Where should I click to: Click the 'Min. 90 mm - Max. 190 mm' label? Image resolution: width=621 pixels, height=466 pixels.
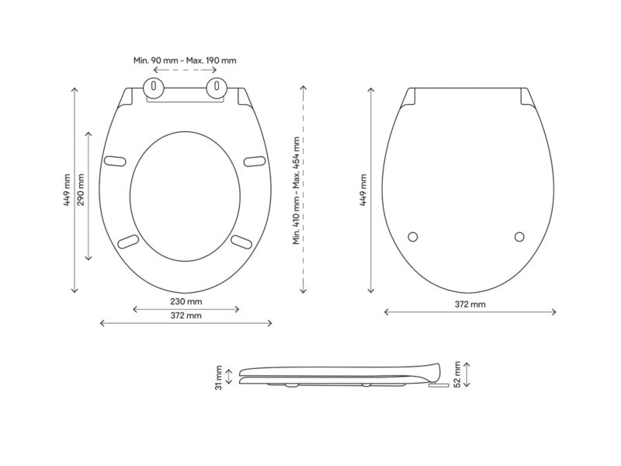click(185, 61)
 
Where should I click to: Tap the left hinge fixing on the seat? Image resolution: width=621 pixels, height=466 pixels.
click(153, 87)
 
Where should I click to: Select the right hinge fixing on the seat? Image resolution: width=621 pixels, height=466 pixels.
click(217, 87)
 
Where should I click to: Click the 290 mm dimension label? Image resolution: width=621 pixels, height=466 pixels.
click(81, 190)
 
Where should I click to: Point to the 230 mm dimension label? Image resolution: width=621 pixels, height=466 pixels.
click(186, 301)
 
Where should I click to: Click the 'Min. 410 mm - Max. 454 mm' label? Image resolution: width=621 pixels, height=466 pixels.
click(297, 190)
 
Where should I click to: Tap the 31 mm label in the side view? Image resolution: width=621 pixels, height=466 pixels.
click(219, 377)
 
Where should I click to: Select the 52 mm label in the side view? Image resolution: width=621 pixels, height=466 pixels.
click(457, 374)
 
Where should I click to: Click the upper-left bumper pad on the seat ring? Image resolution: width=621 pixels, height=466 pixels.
click(115, 161)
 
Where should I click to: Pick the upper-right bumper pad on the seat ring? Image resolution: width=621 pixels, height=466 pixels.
click(255, 162)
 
